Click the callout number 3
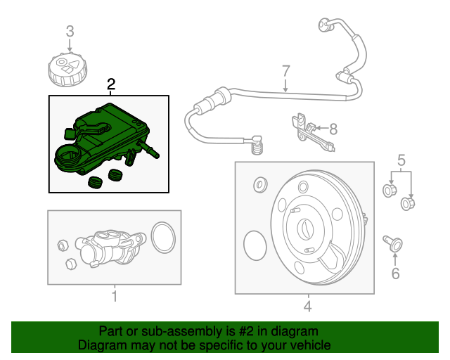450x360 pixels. point(70,31)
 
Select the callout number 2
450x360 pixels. point(110,85)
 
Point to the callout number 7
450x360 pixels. point(285,70)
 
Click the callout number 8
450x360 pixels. point(333,129)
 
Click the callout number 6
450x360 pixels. point(395,273)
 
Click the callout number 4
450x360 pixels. point(307,306)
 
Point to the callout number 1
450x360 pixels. point(114,297)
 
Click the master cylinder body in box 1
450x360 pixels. point(105,246)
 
